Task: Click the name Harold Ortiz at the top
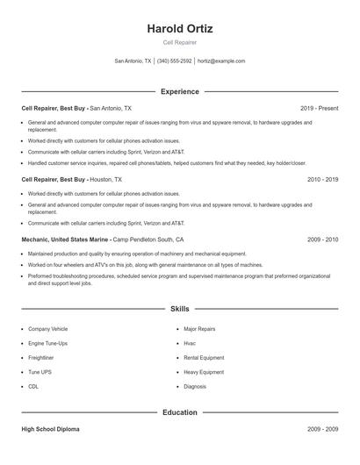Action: pos(180,28)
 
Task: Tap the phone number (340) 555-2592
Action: pos(174,61)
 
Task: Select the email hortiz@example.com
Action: pos(221,61)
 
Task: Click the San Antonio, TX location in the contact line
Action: pos(133,61)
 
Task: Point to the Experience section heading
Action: pos(180,91)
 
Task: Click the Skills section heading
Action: pos(180,309)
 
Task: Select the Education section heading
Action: pos(180,412)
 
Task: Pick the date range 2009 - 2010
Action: pos(323,239)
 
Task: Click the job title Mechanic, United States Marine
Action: pos(65,239)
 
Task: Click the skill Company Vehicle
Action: pos(47,329)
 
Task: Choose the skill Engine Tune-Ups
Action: pos(47,343)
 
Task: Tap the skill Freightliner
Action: pos(42,358)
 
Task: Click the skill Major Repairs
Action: pos(199,329)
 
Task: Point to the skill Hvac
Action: pos(190,343)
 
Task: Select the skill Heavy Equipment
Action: pos(204,372)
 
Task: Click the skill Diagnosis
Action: pos(195,386)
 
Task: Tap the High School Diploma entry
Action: pos(50,429)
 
